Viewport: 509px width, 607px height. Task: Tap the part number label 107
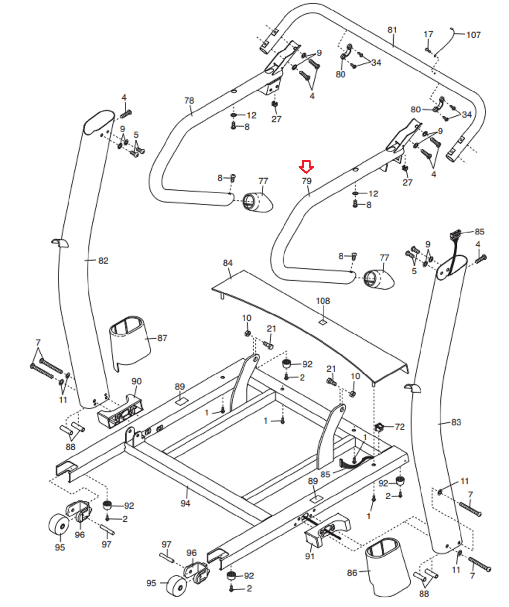tap(473, 35)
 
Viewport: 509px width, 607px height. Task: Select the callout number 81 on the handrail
tap(392, 30)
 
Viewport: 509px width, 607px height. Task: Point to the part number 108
tap(323, 301)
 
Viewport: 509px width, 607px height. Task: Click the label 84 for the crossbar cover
tap(228, 263)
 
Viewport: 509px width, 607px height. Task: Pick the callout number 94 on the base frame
tap(185, 503)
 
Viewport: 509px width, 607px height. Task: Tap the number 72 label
tap(400, 427)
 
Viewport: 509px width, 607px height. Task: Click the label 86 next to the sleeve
tap(352, 572)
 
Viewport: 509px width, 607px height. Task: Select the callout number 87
tap(162, 338)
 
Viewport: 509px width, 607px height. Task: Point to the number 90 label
tap(136, 381)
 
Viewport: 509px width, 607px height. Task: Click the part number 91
tap(310, 556)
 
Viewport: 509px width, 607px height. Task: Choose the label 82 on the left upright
tap(103, 261)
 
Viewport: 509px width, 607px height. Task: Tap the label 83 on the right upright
tap(456, 422)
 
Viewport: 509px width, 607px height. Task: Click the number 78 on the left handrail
tap(189, 101)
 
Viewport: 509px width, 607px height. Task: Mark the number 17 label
tap(428, 35)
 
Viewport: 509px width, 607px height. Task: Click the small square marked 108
tap(322, 322)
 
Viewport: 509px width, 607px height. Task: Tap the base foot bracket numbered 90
tap(121, 412)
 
